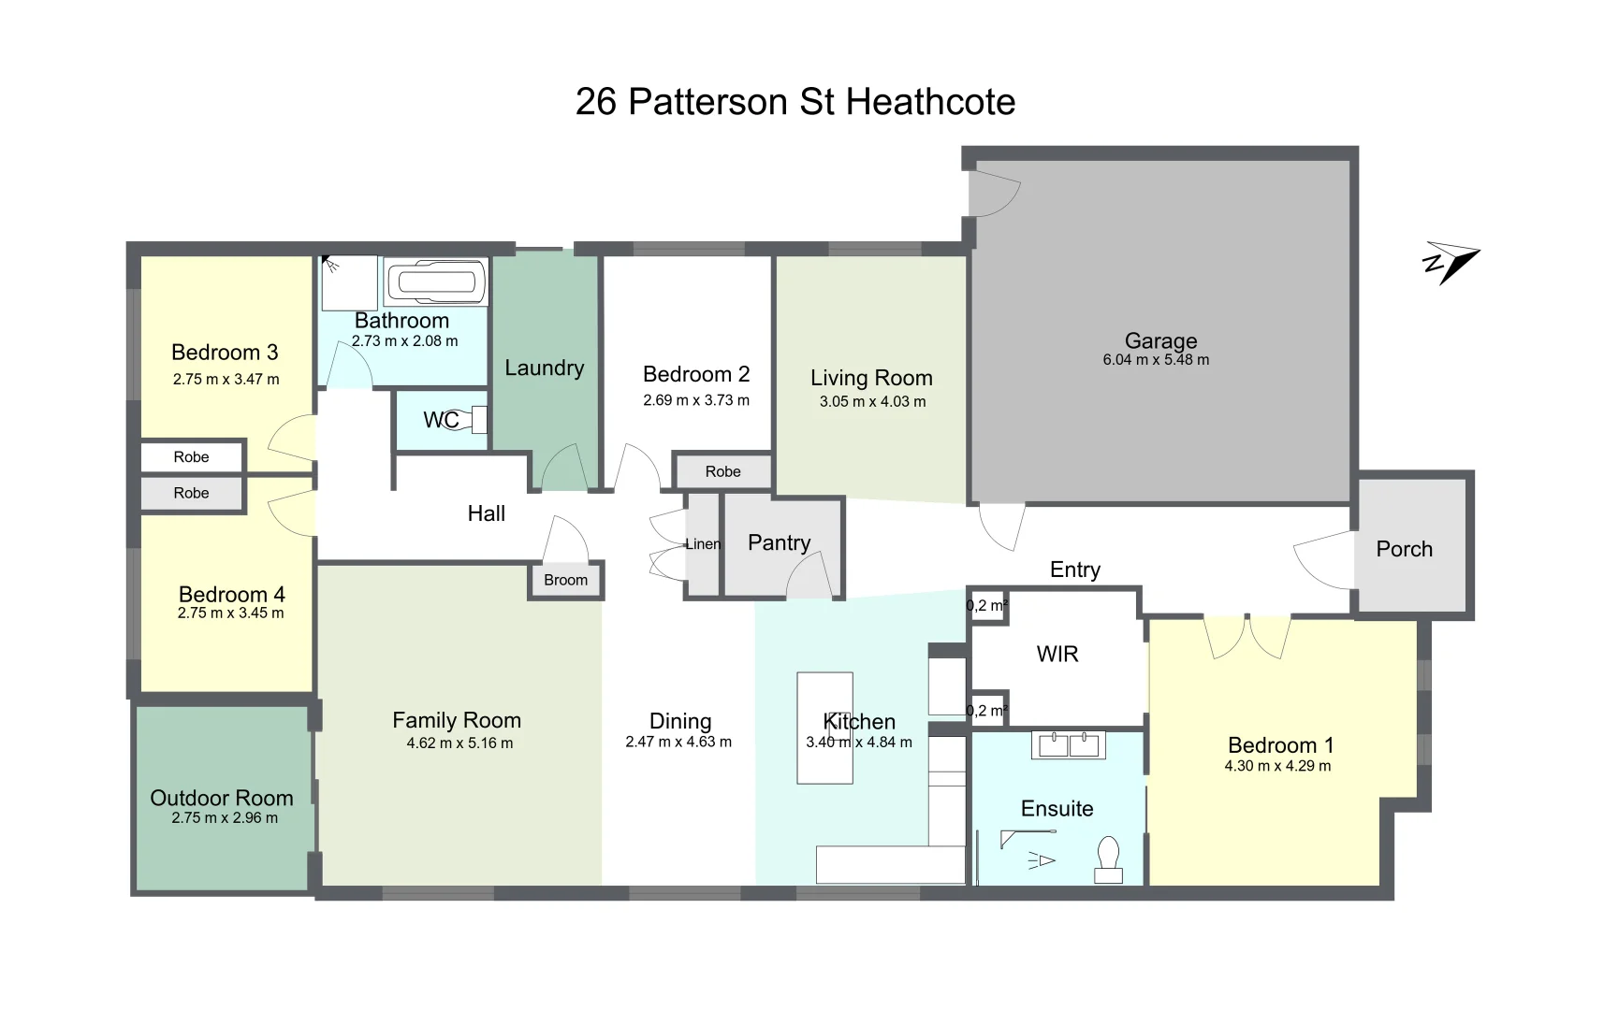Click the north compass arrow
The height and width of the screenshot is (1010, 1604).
point(1451,263)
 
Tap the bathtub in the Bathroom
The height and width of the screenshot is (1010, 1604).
point(436,281)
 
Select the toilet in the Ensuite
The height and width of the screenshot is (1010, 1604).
point(1109,858)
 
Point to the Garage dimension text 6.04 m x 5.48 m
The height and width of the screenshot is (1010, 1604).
point(1156,360)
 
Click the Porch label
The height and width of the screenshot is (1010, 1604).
point(1404,549)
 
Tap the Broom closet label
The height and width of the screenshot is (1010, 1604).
point(565,580)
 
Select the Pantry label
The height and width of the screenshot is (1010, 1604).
point(779,542)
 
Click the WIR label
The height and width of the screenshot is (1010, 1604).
point(1057,654)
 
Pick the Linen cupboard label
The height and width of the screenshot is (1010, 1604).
point(703,544)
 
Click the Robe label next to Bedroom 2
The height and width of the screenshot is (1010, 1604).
point(722,471)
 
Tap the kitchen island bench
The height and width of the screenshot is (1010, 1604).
point(824,727)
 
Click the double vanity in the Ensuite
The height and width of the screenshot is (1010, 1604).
point(1068,745)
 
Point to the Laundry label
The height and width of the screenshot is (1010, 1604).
point(544,368)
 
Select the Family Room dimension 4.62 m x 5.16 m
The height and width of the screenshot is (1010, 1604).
point(459,743)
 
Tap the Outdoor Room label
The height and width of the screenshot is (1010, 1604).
point(222,798)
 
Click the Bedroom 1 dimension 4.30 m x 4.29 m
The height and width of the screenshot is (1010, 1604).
point(1277,766)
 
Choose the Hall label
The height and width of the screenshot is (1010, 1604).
point(486,513)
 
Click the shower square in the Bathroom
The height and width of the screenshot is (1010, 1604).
point(350,282)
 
